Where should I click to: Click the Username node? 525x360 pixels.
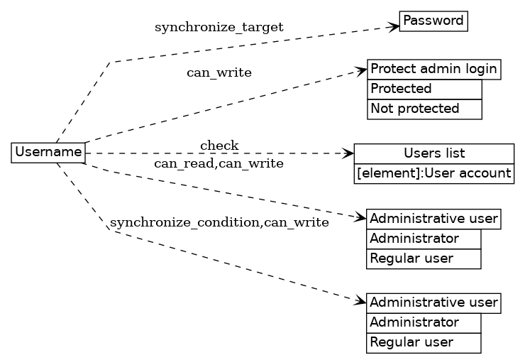(48, 152)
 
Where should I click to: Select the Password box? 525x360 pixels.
(433, 21)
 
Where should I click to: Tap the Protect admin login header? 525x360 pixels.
(433, 69)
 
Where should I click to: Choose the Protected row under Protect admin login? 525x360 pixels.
(424, 89)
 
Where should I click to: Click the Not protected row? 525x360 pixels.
(424, 109)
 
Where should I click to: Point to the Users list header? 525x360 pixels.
(433, 153)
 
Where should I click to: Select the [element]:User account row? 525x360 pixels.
(433, 173)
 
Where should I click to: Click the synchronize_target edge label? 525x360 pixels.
(219, 27)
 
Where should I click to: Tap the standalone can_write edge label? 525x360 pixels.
(219, 72)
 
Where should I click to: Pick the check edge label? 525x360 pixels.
(219, 146)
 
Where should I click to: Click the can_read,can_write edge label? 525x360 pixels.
(219, 164)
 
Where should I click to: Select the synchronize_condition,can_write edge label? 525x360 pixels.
(219, 223)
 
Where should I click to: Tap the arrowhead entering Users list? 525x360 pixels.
(348, 153)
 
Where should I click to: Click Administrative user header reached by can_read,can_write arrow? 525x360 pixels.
(433, 218)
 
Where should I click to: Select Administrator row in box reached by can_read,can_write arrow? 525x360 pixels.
(424, 239)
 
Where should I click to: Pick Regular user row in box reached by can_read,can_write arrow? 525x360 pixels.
(424, 258)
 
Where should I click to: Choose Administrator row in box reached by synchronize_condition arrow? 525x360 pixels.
(424, 322)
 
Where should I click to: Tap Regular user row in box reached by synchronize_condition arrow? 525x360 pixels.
(424, 342)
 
